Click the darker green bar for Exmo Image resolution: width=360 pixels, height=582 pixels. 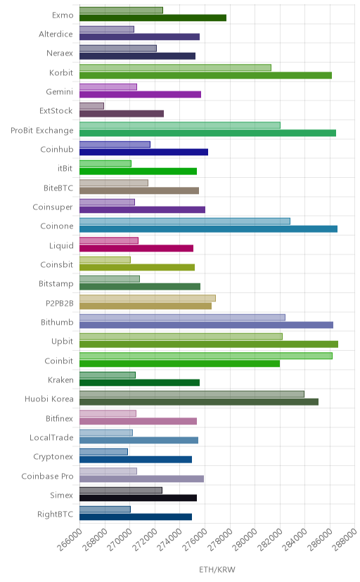tap(153, 18)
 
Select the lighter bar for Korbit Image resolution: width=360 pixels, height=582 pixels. tap(175, 67)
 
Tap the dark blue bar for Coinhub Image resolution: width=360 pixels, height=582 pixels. tap(143, 153)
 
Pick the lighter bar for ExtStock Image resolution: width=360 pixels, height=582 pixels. tap(91, 106)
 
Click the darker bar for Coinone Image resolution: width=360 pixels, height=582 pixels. tap(209, 229)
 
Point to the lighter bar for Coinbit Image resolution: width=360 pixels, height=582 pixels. tap(205, 356)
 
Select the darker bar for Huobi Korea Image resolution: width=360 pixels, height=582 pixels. tap(199, 402)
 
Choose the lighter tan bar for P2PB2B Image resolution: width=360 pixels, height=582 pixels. tap(148, 298)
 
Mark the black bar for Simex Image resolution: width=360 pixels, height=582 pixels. tap(138, 498)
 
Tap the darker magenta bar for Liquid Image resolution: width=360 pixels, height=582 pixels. tap(136, 248)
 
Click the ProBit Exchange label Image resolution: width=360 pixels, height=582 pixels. tap(42, 131)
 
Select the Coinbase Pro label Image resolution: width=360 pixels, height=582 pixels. tap(48, 477)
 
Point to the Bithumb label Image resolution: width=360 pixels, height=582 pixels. tap(57, 322)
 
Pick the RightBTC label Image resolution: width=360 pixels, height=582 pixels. tap(56, 515)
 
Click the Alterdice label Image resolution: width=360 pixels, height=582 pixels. tap(56, 34)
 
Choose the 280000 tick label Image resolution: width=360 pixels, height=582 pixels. tap(245, 539)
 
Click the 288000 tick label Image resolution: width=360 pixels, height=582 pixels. tap(345, 539)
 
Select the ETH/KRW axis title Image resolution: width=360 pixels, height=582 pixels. tap(217, 570)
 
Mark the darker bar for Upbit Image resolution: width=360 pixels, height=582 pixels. tap(209, 344)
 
